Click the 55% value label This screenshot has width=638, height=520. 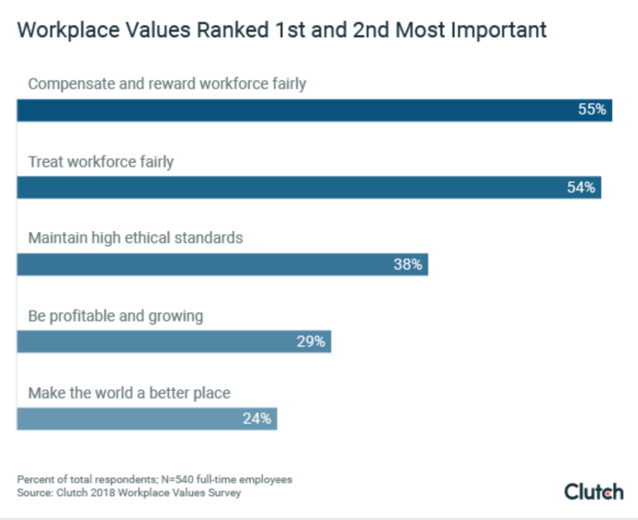[592, 109]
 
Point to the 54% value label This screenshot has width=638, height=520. [581, 188]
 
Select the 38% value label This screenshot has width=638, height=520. [408, 264]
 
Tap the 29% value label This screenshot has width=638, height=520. [311, 341]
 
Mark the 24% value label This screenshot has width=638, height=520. [256, 419]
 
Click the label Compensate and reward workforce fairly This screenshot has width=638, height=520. [167, 84]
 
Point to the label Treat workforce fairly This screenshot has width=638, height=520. [100, 162]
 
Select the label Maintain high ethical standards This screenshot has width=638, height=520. [135, 238]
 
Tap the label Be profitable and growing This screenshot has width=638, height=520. [115, 316]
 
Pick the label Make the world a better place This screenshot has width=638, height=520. [129, 393]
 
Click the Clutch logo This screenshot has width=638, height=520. [593, 492]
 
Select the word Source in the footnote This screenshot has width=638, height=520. [34, 493]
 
